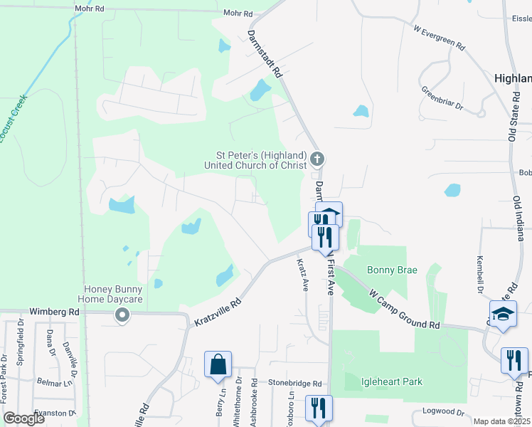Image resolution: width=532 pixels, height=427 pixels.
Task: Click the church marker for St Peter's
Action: [x=318, y=158]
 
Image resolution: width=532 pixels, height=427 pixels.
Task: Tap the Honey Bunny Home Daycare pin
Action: [x=122, y=314]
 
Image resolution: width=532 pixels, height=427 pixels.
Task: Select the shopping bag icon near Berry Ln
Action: [x=218, y=364]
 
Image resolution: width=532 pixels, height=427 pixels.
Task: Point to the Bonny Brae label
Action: [x=392, y=270]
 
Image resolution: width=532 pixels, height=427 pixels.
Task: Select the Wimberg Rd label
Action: [x=54, y=312]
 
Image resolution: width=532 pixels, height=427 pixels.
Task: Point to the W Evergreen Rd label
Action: [x=439, y=38]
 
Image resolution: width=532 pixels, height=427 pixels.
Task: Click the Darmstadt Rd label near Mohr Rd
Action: [x=265, y=53]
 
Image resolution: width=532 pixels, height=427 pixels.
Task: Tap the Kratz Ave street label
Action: [x=302, y=275]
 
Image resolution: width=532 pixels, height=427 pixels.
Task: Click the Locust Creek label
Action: [x=13, y=118]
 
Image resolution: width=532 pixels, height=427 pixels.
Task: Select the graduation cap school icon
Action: [x=502, y=315]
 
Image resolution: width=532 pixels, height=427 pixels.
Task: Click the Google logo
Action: [x=23, y=418]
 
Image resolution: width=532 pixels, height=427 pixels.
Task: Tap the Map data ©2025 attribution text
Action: [x=501, y=421]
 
